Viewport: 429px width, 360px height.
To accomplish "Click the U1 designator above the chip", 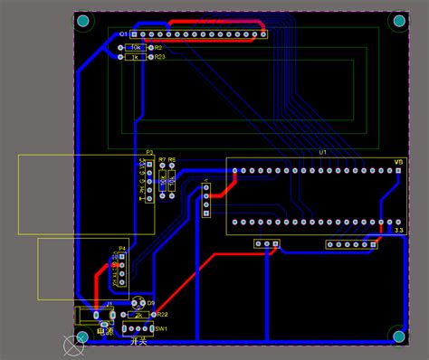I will click(321, 153).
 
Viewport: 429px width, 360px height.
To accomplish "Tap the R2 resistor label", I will click(157, 46).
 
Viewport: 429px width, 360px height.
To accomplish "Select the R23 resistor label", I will click(159, 57).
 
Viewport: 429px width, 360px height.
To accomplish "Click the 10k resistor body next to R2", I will click(135, 46).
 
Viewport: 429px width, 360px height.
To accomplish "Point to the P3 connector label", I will click(149, 153).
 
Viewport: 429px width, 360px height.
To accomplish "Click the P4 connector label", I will click(122, 248).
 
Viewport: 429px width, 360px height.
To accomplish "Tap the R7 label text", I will click(162, 160).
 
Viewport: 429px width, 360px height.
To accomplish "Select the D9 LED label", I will click(151, 303).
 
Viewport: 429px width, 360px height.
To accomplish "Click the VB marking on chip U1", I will click(398, 162).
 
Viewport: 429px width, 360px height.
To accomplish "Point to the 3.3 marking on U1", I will click(398, 231).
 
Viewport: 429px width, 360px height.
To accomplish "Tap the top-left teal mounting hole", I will click(83, 21).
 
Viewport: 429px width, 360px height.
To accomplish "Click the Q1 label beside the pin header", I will click(124, 33).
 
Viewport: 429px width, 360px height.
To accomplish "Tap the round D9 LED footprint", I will click(138, 302).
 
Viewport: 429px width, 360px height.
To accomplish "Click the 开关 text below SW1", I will click(138, 341).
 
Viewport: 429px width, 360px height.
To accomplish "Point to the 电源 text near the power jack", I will click(105, 332).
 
